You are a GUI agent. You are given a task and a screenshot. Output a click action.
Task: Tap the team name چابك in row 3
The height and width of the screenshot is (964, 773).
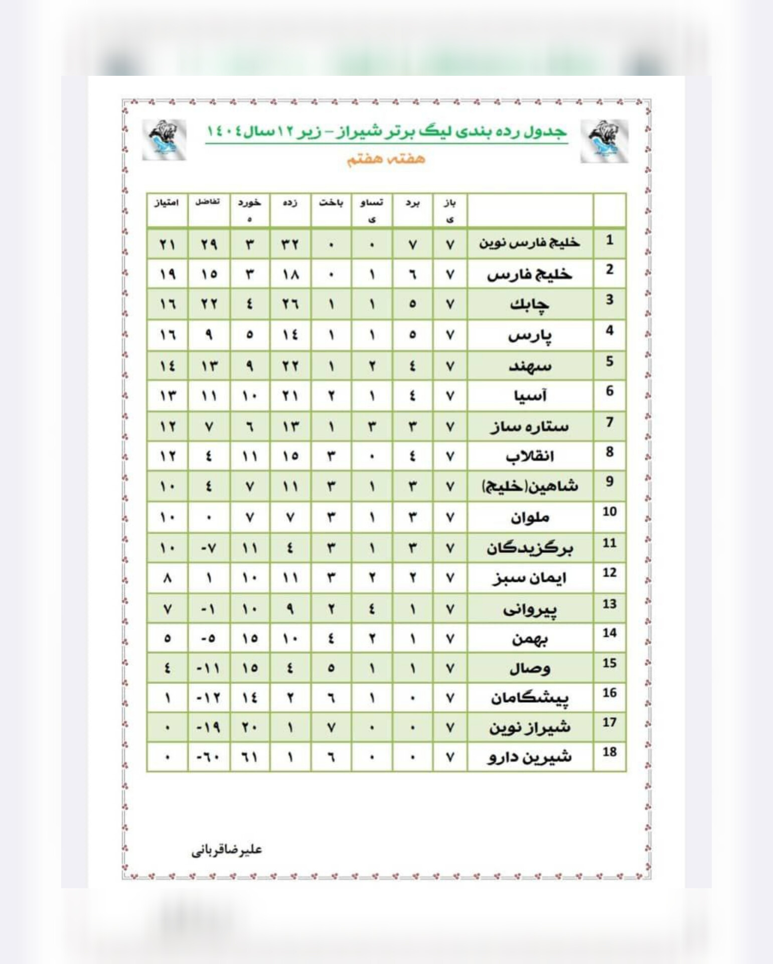click(529, 304)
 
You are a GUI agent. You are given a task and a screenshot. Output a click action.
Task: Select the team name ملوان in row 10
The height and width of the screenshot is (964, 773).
click(530, 517)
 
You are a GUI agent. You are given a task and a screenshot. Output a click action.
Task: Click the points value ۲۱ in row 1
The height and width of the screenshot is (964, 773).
click(168, 245)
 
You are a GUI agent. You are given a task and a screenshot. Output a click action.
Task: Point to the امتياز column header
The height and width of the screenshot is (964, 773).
click(167, 203)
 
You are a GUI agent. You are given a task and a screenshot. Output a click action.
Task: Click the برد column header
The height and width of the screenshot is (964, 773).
click(412, 203)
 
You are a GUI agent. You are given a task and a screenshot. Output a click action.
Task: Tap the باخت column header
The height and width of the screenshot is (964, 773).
click(331, 203)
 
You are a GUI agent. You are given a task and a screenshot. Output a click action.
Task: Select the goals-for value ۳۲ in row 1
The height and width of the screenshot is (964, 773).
click(290, 245)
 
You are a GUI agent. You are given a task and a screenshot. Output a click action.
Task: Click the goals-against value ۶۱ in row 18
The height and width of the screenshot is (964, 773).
click(250, 758)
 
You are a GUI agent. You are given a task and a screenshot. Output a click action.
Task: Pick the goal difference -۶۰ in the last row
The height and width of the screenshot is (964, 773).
click(208, 758)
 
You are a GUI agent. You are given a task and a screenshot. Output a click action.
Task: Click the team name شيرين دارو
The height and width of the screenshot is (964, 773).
click(529, 757)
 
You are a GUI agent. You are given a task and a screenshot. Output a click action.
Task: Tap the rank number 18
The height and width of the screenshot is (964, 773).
click(609, 752)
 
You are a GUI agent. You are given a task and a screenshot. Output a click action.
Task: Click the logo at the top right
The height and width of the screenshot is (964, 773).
click(604, 141)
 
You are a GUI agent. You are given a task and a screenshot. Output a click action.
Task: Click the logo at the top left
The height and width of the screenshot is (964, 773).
click(164, 140)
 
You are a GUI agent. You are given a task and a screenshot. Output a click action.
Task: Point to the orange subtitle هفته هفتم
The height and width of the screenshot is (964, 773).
click(386, 159)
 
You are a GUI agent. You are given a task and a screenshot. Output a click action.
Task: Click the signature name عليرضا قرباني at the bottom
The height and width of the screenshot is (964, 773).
click(227, 850)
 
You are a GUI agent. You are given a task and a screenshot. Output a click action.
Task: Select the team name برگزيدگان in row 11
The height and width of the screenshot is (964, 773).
click(529, 548)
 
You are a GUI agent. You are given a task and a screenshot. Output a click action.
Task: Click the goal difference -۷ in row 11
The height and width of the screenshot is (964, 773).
click(208, 548)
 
